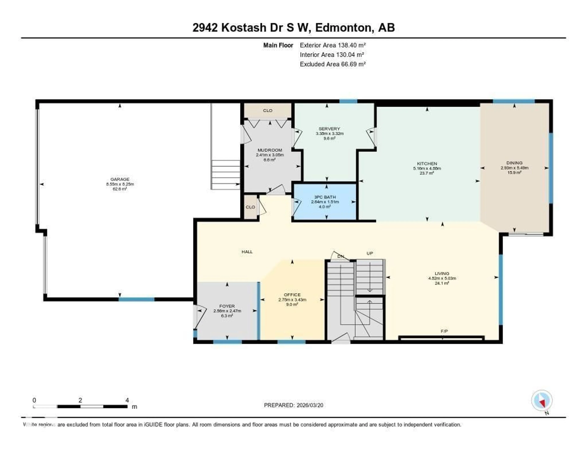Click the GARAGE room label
click(x=120, y=179)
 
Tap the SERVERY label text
click(x=329, y=129)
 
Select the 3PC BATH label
click(x=325, y=197)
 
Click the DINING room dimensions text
click(x=514, y=168)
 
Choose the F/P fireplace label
click(x=444, y=331)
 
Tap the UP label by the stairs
click(x=370, y=253)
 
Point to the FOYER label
click(x=227, y=306)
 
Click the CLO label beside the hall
click(x=250, y=207)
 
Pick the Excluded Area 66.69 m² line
click(x=333, y=64)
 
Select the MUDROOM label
click(x=270, y=150)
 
